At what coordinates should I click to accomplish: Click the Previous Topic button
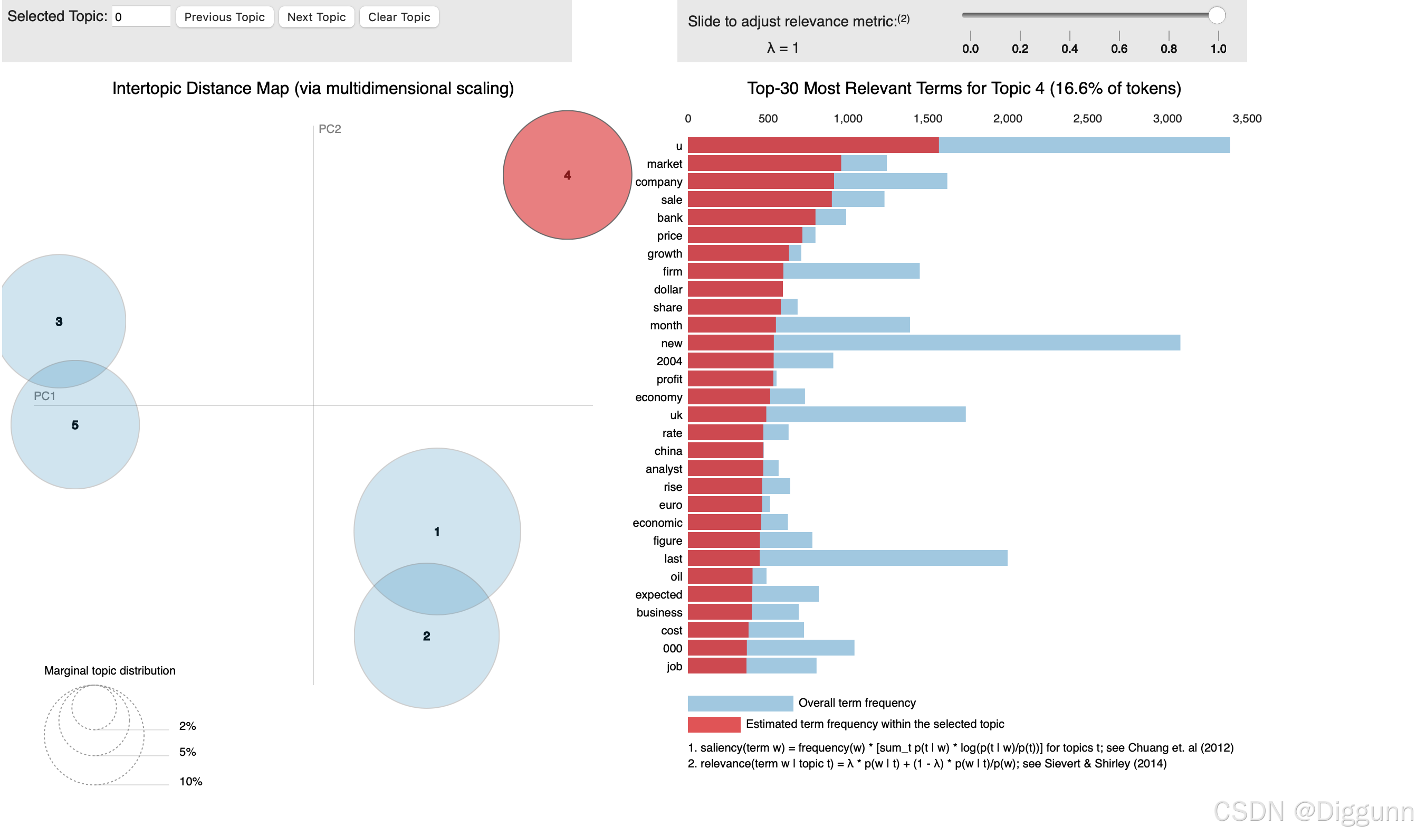point(224,17)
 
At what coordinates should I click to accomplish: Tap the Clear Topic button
point(399,17)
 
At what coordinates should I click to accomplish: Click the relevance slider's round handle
point(1216,15)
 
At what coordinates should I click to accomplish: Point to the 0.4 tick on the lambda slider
point(1069,48)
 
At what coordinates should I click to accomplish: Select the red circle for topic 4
point(567,175)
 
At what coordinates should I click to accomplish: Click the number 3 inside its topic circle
point(59,321)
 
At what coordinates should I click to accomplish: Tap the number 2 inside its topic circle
point(426,636)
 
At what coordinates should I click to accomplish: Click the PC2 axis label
point(330,129)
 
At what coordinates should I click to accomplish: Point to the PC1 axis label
point(44,396)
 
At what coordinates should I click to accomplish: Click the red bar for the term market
point(763,164)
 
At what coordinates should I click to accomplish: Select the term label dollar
point(667,290)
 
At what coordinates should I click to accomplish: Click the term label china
point(668,451)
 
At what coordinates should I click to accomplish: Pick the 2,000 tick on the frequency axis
point(1007,119)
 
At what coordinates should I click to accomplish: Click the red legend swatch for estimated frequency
point(714,724)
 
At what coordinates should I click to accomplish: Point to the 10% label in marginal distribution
point(190,782)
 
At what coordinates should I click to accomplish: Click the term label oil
point(676,577)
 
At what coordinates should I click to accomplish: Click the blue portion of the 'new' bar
point(976,343)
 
